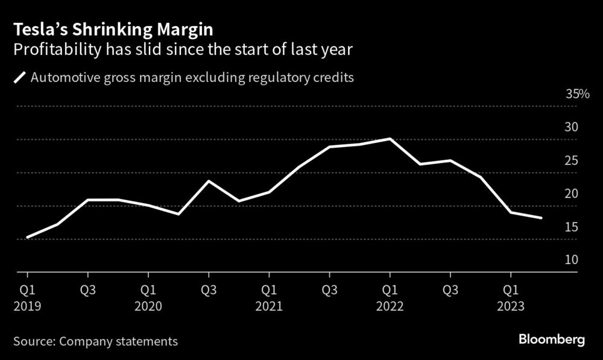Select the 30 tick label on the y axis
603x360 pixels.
[571, 127]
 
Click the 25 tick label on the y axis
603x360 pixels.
[571, 160]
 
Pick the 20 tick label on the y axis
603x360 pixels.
[571, 194]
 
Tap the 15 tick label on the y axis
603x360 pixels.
[571, 227]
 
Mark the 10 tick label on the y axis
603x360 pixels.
[571, 260]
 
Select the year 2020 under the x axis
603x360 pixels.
[148, 306]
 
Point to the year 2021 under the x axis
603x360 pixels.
[269, 306]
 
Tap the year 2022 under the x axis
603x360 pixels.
[390, 306]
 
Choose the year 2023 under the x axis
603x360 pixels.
[511, 306]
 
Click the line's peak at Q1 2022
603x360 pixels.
[391, 139]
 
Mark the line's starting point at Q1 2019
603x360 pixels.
[28, 238]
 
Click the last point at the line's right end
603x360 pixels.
[541, 218]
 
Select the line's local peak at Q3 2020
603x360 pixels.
[209, 181]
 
